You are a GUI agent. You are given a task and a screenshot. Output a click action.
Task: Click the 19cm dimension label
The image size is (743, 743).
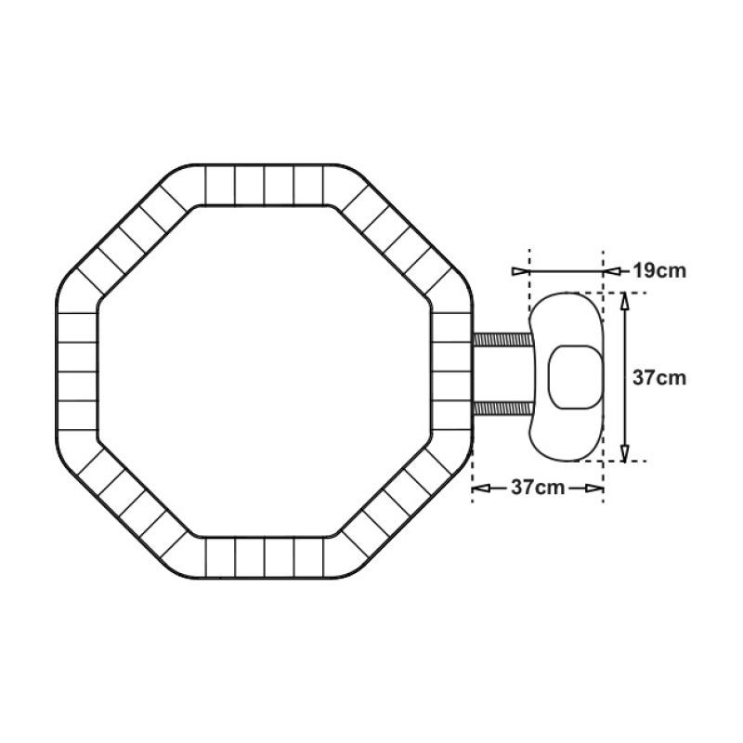click(659, 271)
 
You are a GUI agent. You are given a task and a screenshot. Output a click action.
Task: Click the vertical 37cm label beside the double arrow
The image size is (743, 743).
click(659, 378)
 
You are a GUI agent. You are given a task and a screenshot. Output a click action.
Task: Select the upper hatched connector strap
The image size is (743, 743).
click(502, 340)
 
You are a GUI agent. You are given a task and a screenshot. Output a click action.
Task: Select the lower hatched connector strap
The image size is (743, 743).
click(502, 409)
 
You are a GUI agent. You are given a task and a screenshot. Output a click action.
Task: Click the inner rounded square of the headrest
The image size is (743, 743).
click(576, 377)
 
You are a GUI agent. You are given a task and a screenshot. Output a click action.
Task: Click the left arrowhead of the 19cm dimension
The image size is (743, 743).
click(520, 271)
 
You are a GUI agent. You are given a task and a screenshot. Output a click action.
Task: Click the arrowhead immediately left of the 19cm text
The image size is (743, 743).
click(612, 271)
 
